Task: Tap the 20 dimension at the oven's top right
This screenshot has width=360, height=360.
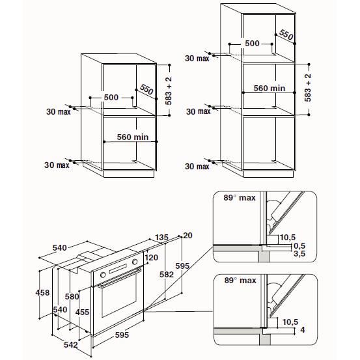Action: click(x=189, y=235)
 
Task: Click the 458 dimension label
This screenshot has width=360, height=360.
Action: click(x=42, y=293)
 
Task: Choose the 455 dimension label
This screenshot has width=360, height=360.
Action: click(x=82, y=312)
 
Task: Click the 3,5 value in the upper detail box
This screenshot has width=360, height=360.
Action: click(x=299, y=255)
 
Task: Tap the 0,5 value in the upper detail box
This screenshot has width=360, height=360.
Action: click(x=299, y=246)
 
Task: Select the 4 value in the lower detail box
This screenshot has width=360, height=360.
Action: click(x=302, y=329)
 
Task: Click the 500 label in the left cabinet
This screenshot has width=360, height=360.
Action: click(x=111, y=97)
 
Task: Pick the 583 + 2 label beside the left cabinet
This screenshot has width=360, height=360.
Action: click(x=169, y=91)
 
